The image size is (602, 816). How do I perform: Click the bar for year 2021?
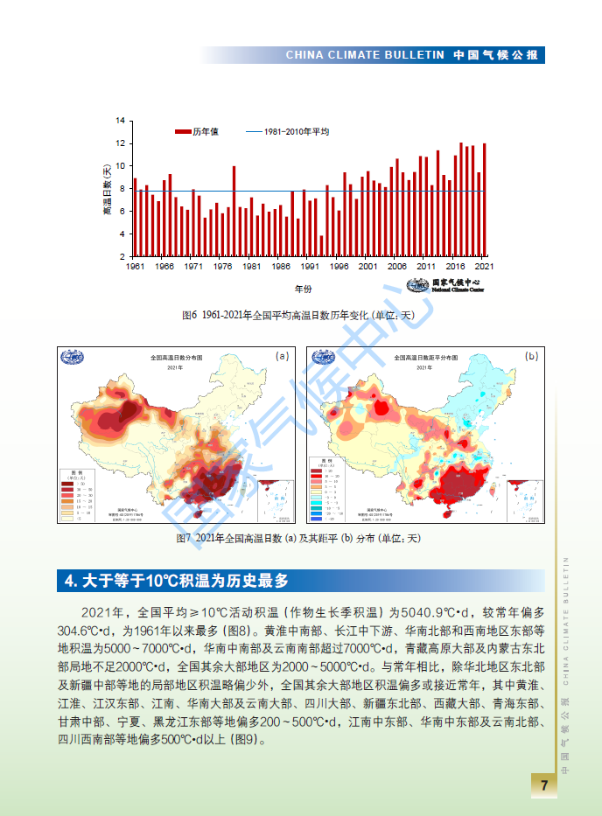point(484,200)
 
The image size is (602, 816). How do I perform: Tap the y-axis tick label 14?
point(121,121)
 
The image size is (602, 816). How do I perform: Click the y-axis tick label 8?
point(122,189)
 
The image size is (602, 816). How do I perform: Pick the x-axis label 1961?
point(136,267)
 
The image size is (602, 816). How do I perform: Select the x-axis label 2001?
point(367,267)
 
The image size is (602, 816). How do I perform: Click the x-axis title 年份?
point(303,289)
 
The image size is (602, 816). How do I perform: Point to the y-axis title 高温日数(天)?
point(107,188)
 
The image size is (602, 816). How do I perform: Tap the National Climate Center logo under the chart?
point(444,286)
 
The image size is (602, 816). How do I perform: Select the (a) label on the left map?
point(282,356)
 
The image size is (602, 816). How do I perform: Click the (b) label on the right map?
point(531,356)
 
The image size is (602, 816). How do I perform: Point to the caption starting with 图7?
point(298,538)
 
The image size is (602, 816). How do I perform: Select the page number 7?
point(544,785)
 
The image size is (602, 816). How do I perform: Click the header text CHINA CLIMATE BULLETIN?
point(365,55)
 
